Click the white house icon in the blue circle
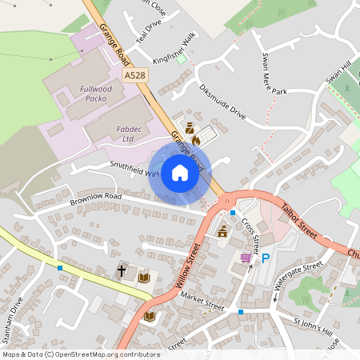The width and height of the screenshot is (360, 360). click(x=179, y=173)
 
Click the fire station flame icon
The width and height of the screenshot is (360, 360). click(x=195, y=138)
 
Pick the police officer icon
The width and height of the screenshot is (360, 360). click(x=190, y=127)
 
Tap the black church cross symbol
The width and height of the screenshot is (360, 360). click(x=122, y=271)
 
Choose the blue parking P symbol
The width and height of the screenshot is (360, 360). click(x=266, y=258)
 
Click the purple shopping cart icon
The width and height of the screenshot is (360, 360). click(x=246, y=258)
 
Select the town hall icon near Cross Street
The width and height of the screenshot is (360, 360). click(x=222, y=231)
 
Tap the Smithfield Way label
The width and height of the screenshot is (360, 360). click(x=135, y=168)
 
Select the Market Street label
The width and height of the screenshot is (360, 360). click(x=202, y=300)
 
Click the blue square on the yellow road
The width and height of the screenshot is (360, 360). click(x=61, y=267)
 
